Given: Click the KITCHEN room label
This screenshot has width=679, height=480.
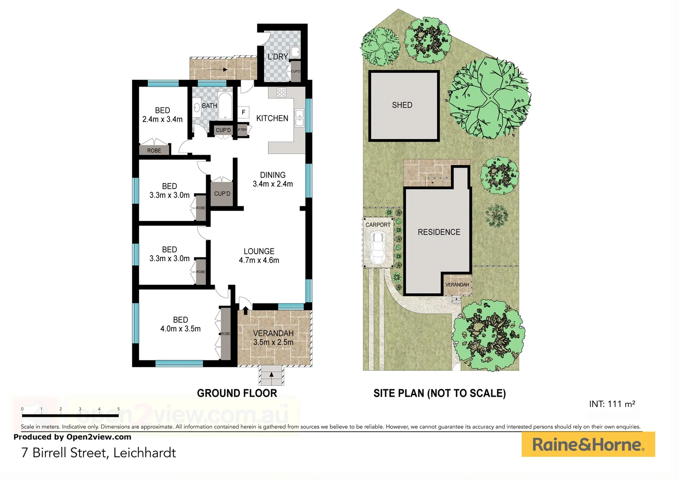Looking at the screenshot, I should [x=272, y=118].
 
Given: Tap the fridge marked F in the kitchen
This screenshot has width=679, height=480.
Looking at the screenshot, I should [x=244, y=112].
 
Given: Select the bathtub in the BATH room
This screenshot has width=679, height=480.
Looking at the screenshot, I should [x=225, y=105].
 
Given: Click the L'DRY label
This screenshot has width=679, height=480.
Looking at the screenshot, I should [x=278, y=57].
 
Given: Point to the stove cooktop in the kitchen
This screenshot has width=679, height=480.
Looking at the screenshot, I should [x=281, y=92].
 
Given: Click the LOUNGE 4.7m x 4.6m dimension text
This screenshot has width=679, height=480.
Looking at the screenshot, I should [x=259, y=260].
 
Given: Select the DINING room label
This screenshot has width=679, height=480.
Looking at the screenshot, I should [x=272, y=175].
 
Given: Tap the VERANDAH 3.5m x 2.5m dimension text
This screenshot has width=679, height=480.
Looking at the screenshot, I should [x=273, y=342].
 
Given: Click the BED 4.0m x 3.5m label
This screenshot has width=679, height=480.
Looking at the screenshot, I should [x=180, y=324].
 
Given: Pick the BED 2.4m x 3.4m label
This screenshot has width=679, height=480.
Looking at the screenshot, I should [x=162, y=115].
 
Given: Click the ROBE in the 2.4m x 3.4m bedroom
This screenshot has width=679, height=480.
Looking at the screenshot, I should [x=154, y=150].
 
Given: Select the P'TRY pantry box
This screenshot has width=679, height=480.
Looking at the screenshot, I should [x=242, y=130].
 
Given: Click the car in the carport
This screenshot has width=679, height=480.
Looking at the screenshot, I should [x=378, y=249].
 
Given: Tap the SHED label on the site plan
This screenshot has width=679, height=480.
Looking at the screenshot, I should [x=402, y=105].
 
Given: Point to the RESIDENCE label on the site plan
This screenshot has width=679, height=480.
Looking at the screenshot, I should [x=439, y=232].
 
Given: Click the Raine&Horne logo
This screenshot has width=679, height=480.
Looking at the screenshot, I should [x=588, y=444].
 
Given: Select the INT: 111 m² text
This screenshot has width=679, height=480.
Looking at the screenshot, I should [x=612, y=404].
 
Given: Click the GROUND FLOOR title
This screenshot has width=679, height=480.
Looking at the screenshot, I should [x=237, y=393].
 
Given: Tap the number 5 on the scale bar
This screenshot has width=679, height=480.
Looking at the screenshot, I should [x=119, y=409].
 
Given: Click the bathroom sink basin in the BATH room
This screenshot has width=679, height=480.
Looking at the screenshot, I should [x=196, y=107].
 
